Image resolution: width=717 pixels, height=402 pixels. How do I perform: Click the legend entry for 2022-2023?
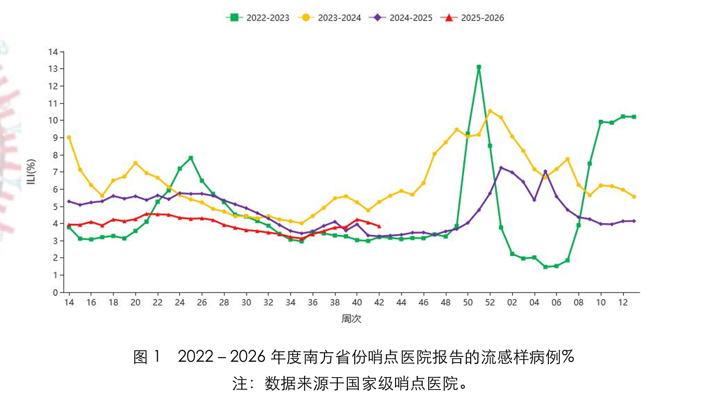click(x=257, y=18)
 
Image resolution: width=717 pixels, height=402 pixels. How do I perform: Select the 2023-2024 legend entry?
click(x=329, y=18)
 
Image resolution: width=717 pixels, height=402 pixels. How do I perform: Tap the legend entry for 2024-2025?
click(x=401, y=18)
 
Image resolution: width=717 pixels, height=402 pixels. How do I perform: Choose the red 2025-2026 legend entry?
click(x=473, y=18)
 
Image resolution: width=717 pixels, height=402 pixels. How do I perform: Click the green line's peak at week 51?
click(x=479, y=67)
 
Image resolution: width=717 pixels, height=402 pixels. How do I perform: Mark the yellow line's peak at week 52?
click(x=490, y=111)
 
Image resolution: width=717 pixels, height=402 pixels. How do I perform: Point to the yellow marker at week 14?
click(x=69, y=137)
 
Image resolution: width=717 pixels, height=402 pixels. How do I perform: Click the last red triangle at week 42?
click(x=379, y=226)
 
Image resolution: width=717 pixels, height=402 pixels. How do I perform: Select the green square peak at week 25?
click(x=191, y=158)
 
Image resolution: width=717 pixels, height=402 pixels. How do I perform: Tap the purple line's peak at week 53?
click(x=501, y=168)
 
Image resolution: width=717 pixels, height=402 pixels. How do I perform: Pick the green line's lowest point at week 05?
click(x=545, y=267)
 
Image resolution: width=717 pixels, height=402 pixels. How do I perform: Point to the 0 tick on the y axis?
click(x=56, y=293)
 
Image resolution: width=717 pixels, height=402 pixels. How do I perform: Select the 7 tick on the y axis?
click(x=56, y=172)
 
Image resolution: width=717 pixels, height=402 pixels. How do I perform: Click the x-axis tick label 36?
click(x=312, y=302)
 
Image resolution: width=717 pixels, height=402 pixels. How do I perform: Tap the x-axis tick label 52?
click(x=490, y=302)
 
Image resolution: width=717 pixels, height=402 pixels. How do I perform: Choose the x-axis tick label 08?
click(x=579, y=302)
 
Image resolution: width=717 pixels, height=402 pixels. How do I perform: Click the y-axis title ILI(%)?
click(x=31, y=172)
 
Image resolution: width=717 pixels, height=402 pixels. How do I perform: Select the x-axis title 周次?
click(x=351, y=319)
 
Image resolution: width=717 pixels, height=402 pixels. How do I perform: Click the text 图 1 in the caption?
click(x=148, y=357)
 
